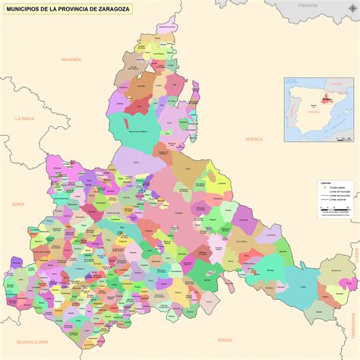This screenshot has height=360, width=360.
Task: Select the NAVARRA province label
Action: tap(72, 58)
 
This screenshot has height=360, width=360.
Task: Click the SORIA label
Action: tap(18, 204)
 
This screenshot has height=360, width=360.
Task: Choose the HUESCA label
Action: tap(254, 140)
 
